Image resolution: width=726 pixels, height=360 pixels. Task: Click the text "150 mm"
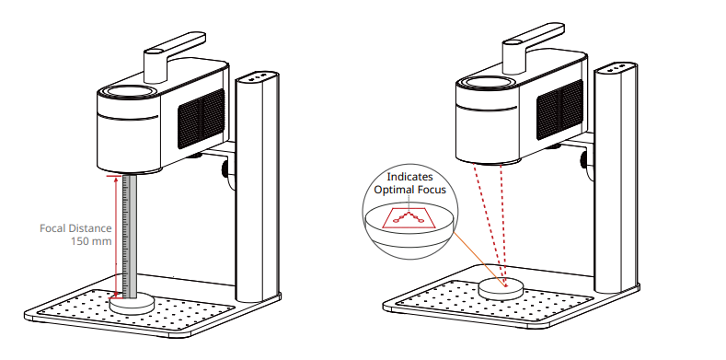91,241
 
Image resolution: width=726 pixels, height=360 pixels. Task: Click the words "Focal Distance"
75,228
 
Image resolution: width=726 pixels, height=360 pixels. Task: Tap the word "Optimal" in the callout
392,190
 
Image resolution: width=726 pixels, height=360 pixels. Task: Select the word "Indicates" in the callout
409,177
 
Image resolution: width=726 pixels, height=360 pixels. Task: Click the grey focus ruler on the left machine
130,237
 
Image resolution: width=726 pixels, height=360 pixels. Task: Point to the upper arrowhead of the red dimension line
116,180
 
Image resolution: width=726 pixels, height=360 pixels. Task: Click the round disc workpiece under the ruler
132,303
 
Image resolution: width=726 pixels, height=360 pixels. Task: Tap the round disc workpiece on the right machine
501,289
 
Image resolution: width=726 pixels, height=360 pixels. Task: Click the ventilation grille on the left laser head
202,118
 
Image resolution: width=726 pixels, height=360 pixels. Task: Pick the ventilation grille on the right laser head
559,110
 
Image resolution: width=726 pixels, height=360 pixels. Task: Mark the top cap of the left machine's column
257,76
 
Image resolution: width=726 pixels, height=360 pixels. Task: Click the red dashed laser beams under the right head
490,225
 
